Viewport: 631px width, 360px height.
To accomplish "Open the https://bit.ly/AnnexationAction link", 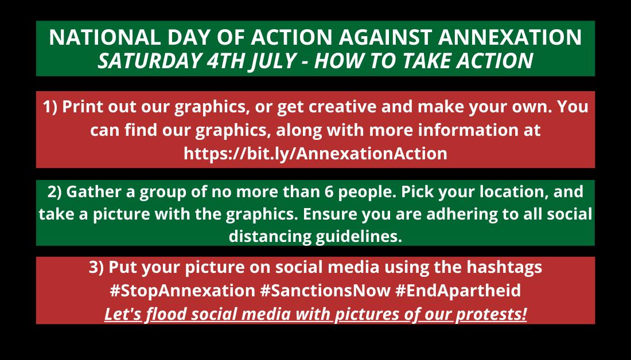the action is pyautogui.click(x=315, y=154).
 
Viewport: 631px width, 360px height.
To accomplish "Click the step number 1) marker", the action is pyautogui.click(x=50, y=107).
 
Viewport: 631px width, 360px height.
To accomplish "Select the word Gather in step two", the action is pyautogui.click(x=94, y=191).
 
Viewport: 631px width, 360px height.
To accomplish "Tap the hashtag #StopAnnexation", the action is pyautogui.click(x=182, y=291).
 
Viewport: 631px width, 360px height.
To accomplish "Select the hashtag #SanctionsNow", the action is pyautogui.click(x=325, y=291).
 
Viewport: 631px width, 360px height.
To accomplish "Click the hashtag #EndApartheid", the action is pyautogui.click(x=458, y=291).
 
